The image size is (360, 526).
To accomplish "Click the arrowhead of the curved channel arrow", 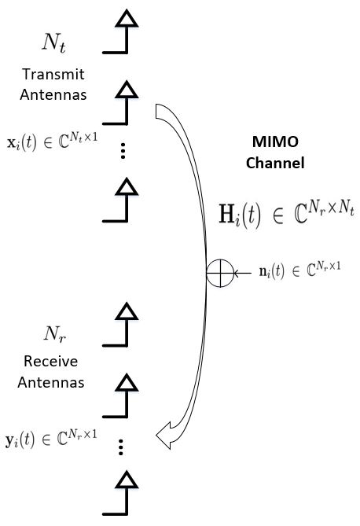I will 167,432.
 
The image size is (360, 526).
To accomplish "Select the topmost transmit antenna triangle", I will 124,19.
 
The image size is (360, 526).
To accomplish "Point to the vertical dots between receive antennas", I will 121,447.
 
